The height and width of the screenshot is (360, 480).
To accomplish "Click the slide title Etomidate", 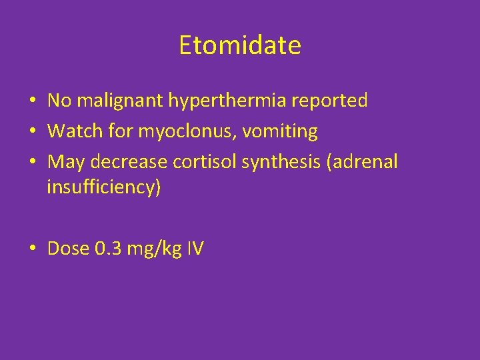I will tap(240, 46).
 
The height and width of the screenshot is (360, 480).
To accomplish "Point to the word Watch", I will tap(73, 131).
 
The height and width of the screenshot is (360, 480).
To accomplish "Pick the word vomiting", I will tap(280, 131).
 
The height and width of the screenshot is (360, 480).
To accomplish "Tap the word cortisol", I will tap(200, 162).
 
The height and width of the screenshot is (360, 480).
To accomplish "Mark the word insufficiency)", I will tap(104, 187).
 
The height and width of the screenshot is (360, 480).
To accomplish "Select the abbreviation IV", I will tap(195, 249).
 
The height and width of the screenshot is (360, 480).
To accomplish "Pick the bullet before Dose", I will tap(32, 250).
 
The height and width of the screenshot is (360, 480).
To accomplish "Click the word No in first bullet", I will tap(59, 101).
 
